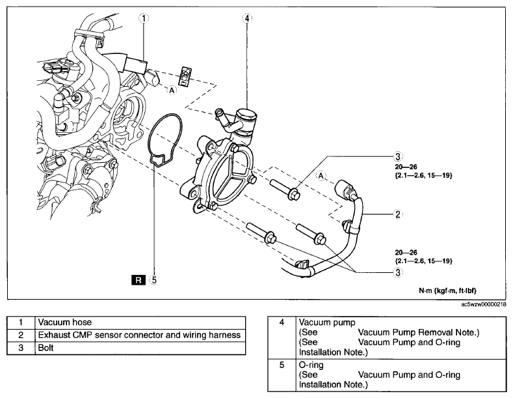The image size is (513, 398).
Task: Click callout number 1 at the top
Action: click(x=144, y=18)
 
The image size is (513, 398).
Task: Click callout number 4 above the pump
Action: click(x=247, y=18)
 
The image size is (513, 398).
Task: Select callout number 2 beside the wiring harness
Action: click(x=398, y=214)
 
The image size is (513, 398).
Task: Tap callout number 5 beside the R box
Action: click(x=153, y=280)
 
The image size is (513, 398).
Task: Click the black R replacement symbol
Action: click(x=138, y=280)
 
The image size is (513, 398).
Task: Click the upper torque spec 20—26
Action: click(x=406, y=167)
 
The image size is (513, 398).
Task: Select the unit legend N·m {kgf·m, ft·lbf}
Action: click(x=448, y=291)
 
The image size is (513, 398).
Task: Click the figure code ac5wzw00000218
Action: click(x=484, y=304)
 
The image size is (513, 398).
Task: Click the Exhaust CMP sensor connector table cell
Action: click(x=140, y=335)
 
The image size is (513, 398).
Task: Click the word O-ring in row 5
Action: click(x=311, y=365)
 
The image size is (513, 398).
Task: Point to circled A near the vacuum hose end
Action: click(x=172, y=90)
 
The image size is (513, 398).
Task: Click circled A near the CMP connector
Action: click(x=321, y=176)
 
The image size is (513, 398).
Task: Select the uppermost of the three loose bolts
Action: click(x=285, y=190)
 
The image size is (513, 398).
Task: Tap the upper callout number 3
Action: click(x=398, y=156)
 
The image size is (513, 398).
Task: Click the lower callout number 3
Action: click(x=398, y=272)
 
